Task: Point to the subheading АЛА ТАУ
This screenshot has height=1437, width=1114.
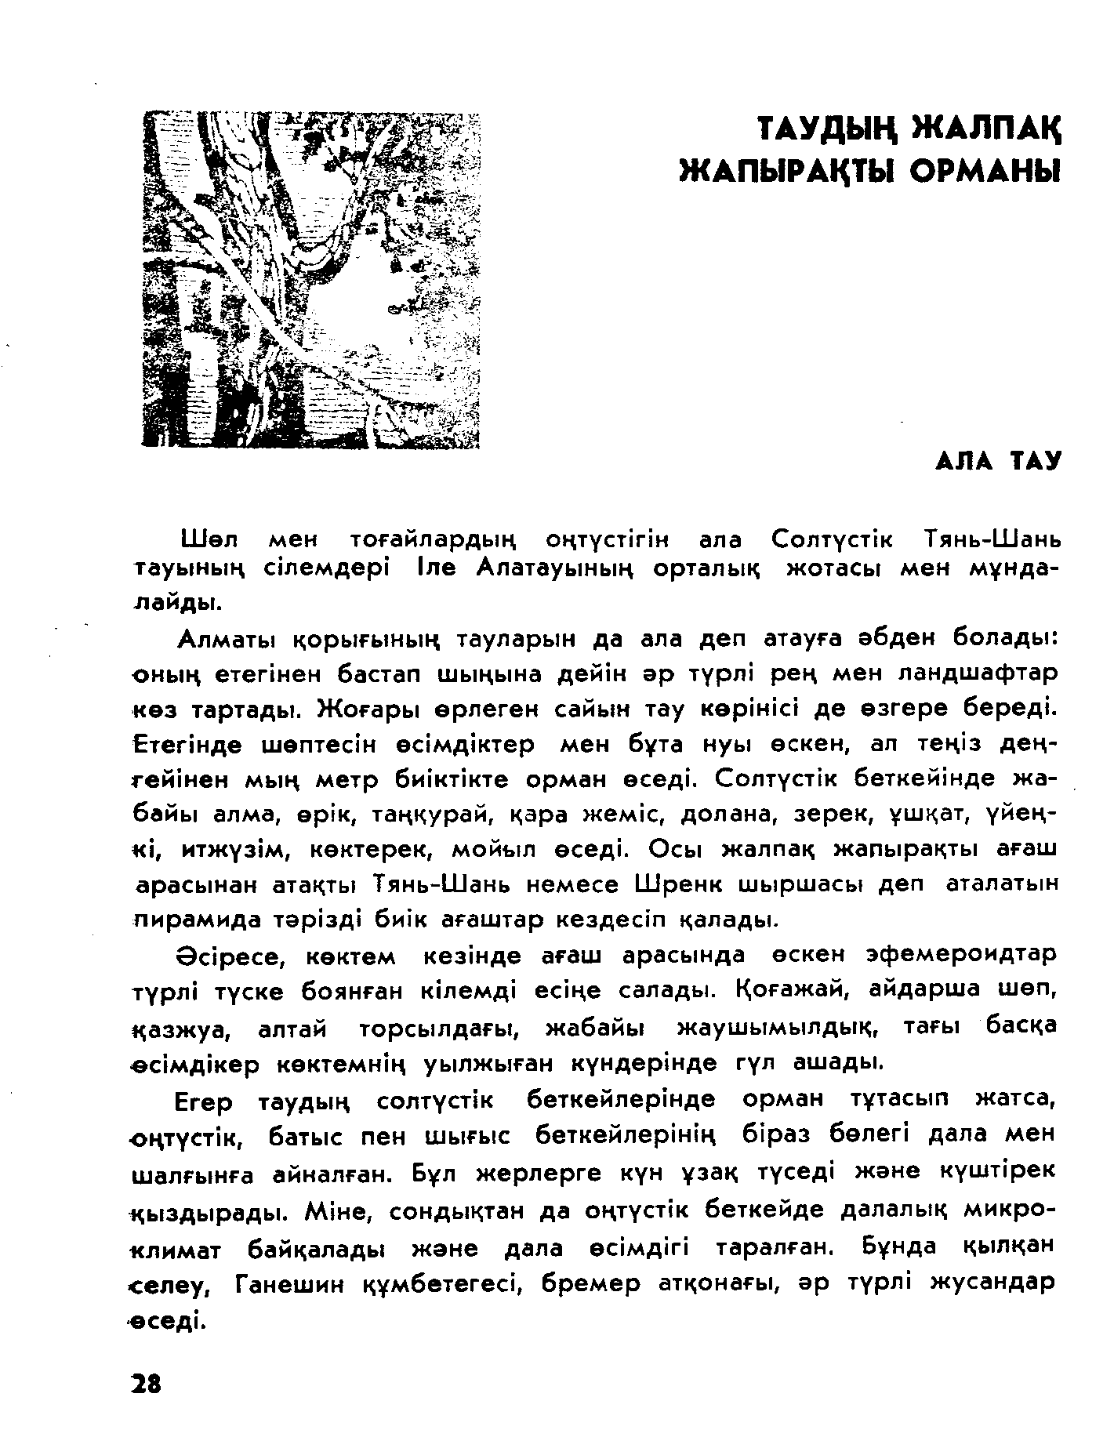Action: (x=997, y=462)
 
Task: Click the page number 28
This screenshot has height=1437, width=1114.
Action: (x=145, y=1384)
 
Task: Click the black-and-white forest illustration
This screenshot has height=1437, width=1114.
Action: (x=310, y=280)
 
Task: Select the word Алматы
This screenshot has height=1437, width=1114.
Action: (x=227, y=640)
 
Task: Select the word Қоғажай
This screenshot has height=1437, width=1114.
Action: (x=791, y=990)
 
